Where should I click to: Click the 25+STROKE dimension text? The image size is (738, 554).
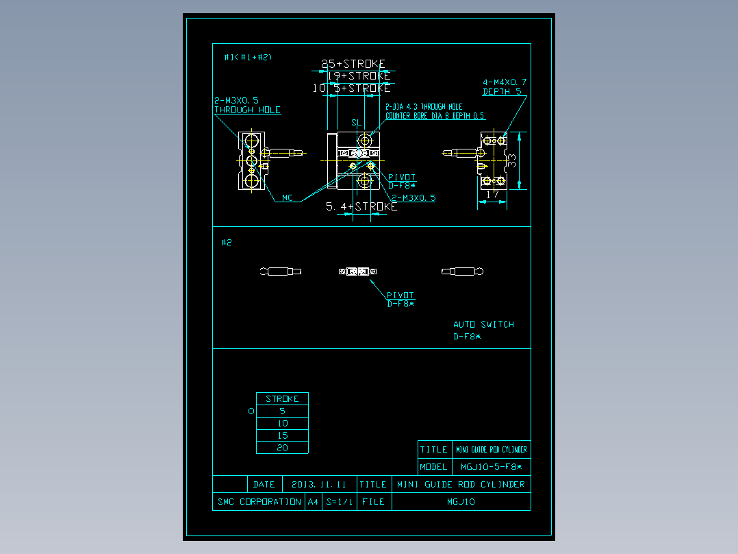(354, 64)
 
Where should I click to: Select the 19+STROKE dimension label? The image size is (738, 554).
(358, 76)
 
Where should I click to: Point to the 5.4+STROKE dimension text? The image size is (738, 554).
(361, 206)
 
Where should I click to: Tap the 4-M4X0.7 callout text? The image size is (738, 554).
(505, 82)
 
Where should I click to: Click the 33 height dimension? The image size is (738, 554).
(511, 162)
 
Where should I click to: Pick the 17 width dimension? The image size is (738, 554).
(492, 195)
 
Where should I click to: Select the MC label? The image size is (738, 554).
(288, 198)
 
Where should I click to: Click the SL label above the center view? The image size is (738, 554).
(356, 123)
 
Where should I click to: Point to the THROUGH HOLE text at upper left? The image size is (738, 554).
(247, 110)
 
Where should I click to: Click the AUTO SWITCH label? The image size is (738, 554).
(483, 324)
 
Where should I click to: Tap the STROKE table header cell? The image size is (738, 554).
(282, 398)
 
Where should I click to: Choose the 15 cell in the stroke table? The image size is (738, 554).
(282, 435)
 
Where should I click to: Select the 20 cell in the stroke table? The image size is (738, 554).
(282, 448)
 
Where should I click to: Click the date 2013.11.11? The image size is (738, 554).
(319, 484)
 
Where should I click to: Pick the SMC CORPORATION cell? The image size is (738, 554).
(259, 502)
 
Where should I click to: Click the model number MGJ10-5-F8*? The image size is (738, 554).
(491, 467)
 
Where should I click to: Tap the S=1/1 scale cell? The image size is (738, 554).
(339, 502)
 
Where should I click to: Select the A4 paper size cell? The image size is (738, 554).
(313, 502)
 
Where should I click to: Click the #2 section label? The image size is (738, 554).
(227, 243)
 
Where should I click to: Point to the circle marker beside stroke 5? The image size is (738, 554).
(251, 411)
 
